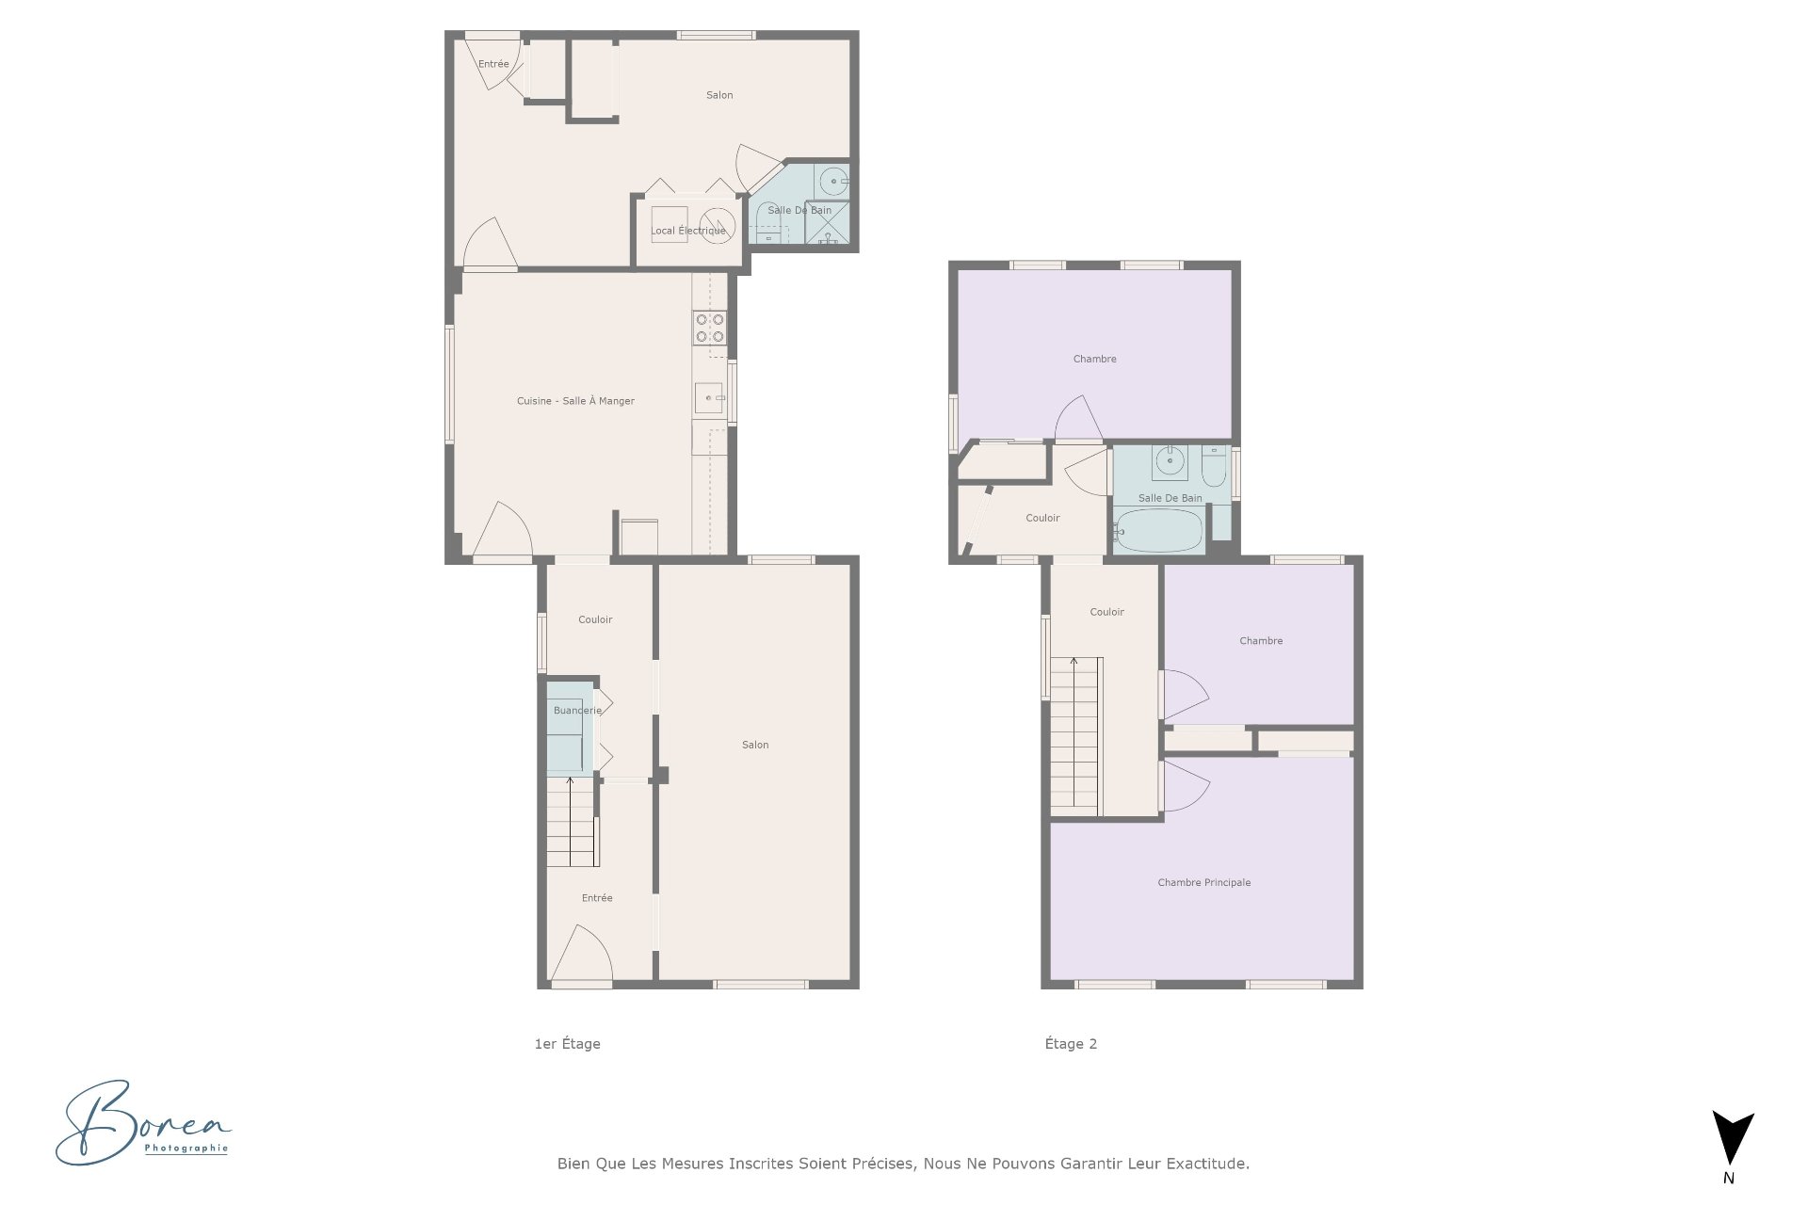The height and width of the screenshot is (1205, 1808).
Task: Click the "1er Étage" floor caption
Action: (x=567, y=1043)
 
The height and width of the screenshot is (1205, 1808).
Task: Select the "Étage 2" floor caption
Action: (x=1071, y=1043)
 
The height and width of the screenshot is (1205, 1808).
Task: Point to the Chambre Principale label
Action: (x=1203, y=883)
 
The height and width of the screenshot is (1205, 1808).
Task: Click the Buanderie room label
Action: (x=577, y=711)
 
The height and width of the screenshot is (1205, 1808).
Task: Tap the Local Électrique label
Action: (x=687, y=231)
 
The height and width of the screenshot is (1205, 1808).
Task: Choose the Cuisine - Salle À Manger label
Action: (x=575, y=401)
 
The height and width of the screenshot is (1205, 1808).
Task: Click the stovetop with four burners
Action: (x=709, y=328)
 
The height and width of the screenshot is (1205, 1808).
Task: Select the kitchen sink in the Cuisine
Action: (x=708, y=398)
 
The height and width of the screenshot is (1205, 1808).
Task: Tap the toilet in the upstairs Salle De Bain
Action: (x=1213, y=465)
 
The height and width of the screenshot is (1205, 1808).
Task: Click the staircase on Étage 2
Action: (x=1074, y=734)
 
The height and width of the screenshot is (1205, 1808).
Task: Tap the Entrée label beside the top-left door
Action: (x=493, y=64)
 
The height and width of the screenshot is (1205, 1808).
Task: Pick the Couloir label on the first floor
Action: (x=595, y=619)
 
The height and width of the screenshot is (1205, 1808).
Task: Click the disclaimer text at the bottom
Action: (x=903, y=1164)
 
